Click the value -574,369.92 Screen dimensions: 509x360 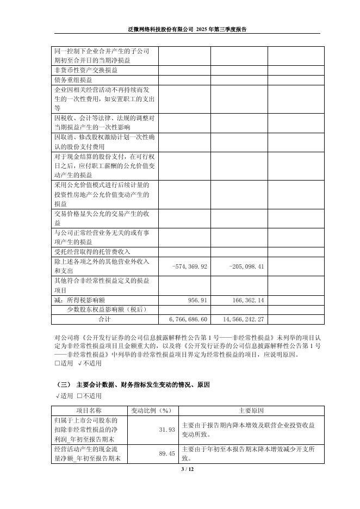(190, 266)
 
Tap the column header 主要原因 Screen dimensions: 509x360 (251, 410)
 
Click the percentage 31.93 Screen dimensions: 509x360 (166, 430)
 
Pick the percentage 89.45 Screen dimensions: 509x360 (166, 454)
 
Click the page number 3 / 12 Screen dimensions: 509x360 (179, 469)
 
